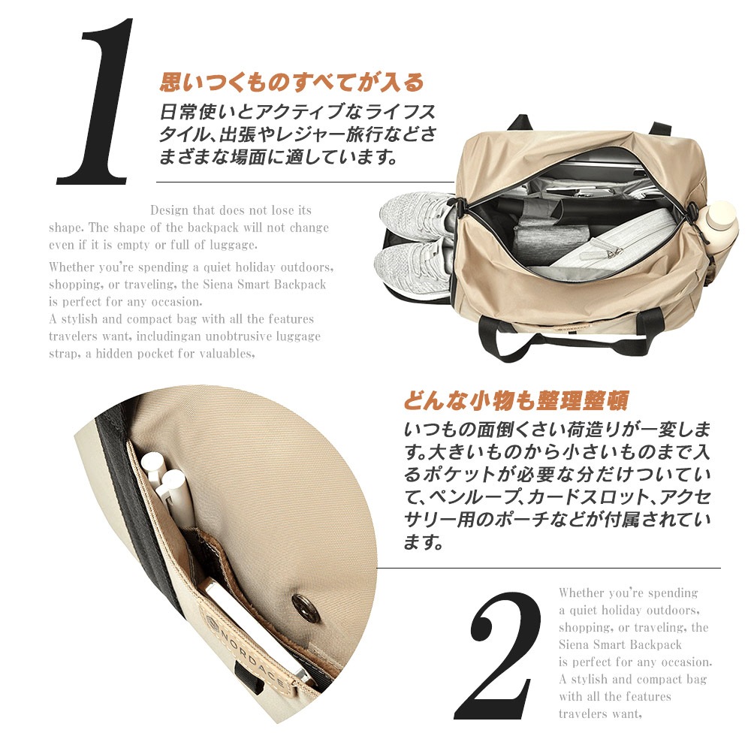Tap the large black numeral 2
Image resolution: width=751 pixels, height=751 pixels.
click(498, 655)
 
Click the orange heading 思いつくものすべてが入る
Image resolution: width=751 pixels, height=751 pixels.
click(291, 82)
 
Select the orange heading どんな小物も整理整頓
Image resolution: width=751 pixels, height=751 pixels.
click(516, 401)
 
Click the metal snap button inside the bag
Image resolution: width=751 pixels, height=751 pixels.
click(305, 608)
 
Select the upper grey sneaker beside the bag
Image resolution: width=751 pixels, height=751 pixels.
click(416, 215)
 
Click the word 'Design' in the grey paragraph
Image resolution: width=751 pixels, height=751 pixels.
click(170, 210)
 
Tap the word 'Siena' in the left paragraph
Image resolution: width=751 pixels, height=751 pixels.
click(218, 284)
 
